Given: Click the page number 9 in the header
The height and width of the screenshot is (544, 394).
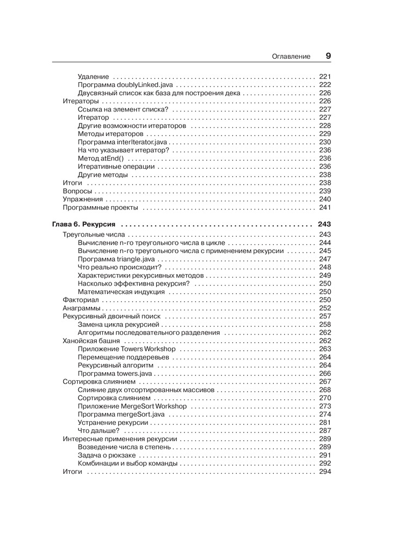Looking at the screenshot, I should click(x=328, y=55).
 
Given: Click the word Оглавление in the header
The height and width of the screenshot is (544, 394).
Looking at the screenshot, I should click(x=291, y=56).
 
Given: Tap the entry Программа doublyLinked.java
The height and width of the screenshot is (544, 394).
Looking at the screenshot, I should click(x=126, y=85).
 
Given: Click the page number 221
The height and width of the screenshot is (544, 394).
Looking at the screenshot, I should click(x=325, y=77).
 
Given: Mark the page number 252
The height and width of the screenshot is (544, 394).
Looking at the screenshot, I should click(x=325, y=308).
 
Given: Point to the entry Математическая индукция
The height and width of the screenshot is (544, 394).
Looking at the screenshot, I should click(x=121, y=292).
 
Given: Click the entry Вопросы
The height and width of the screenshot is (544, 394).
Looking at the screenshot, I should click(x=77, y=191).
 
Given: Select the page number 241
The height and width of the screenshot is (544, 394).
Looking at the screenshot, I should click(x=325, y=207).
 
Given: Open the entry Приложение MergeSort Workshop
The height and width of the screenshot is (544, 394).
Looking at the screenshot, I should click(x=132, y=406).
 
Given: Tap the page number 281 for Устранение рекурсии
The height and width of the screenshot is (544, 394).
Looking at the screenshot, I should click(x=325, y=422).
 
